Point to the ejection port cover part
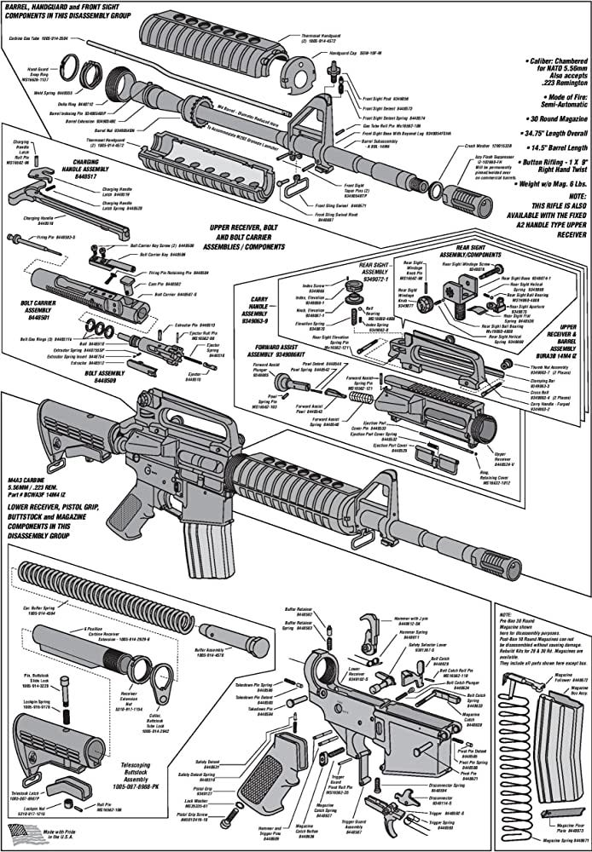click(x=440, y=459)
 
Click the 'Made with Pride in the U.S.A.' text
click(x=69, y=832)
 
